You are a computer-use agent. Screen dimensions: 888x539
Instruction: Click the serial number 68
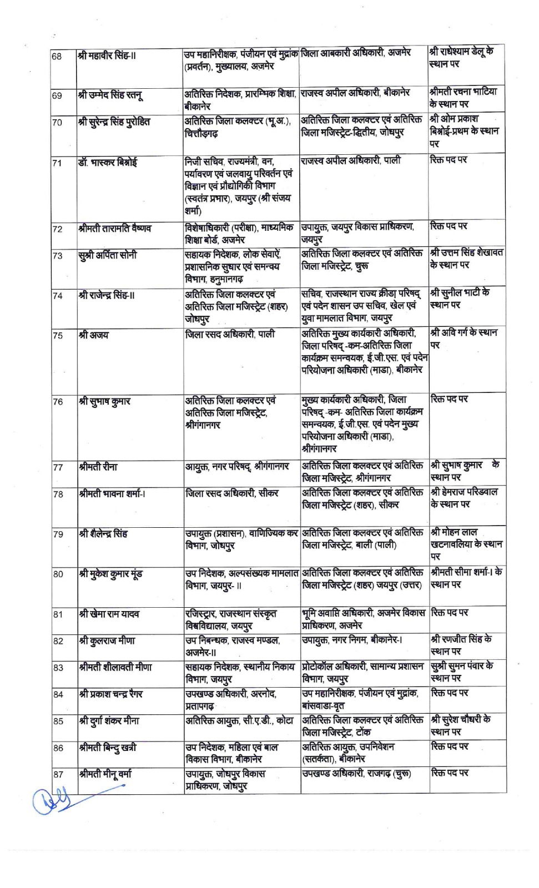click(x=57, y=57)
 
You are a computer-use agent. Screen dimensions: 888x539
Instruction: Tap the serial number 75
click(x=57, y=336)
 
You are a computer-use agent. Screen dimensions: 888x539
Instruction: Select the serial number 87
click(x=58, y=775)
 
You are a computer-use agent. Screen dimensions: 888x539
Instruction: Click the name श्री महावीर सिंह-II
click(x=107, y=56)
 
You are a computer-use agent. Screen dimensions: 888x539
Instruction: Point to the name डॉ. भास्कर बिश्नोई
click(x=107, y=163)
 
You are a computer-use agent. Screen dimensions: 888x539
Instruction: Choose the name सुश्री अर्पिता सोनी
click(x=107, y=255)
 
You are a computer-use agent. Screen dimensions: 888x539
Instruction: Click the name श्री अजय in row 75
click(x=94, y=335)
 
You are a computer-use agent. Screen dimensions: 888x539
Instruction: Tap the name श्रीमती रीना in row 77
click(x=98, y=467)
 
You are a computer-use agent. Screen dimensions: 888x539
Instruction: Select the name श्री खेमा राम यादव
click(x=109, y=614)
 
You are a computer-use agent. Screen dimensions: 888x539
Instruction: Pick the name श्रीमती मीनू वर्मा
click(x=105, y=774)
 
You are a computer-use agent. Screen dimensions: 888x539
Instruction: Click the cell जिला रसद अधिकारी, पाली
click(x=230, y=335)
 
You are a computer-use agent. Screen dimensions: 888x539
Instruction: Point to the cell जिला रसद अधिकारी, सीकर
click(x=231, y=493)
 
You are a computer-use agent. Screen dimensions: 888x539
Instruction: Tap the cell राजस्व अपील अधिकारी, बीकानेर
click(x=355, y=93)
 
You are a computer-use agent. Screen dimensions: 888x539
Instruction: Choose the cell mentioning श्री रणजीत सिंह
click(x=461, y=645)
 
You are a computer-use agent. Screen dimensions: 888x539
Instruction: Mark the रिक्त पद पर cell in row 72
click(x=449, y=226)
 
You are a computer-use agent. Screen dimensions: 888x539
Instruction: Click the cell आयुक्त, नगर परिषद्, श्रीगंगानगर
click(x=237, y=467)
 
